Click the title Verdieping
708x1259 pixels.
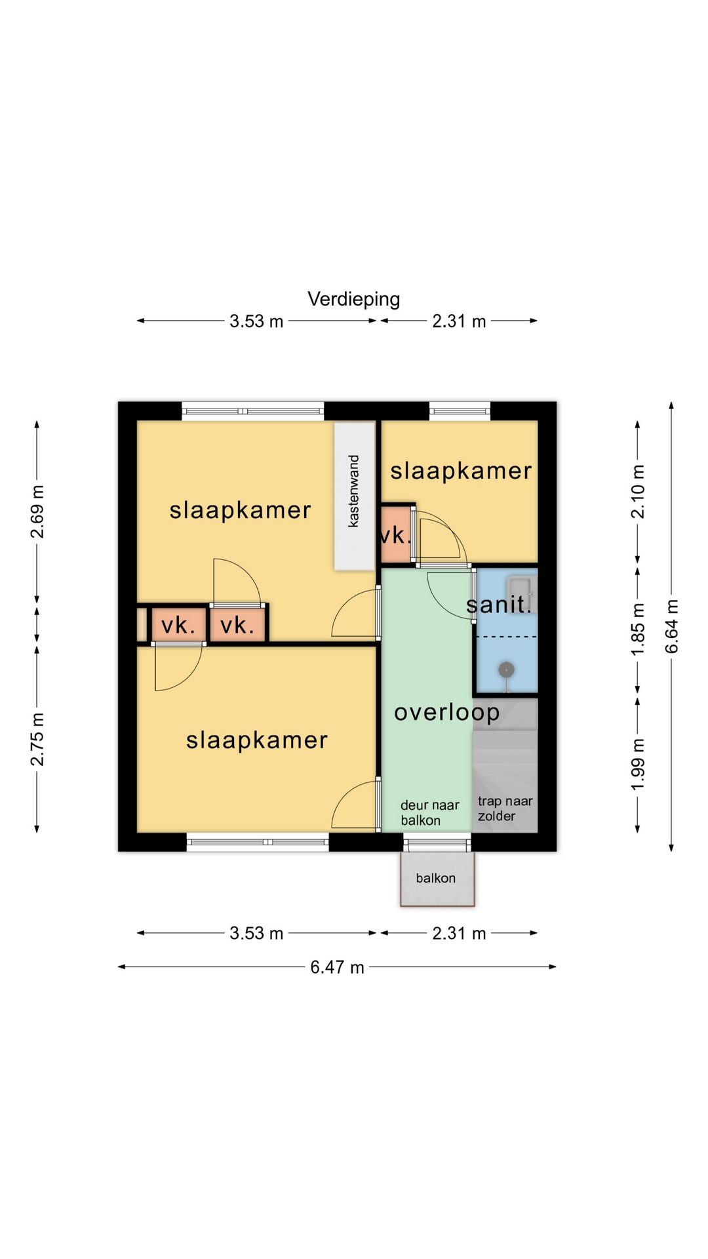tap(354, 300)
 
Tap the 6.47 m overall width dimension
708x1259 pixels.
tap(337, 967)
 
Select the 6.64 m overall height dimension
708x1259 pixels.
tap(671, 626)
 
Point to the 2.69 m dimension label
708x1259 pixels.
tap(37, 511)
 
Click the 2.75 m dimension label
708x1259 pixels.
tap(37, 739)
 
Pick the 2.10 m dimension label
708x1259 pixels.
tap(638, 491)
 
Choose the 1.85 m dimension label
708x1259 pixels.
tap(638, 628)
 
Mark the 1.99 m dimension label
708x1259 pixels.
tap(638, 764)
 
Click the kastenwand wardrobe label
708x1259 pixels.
tap(354, 491)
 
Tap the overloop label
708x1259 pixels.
tap(446, 713)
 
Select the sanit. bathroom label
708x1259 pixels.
tap(498, 604)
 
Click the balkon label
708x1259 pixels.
tap(435, 878)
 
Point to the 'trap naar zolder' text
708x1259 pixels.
tap(505, 809)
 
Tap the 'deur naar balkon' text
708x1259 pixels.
tap(430, 812)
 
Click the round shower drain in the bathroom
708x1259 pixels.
tap(505, 669)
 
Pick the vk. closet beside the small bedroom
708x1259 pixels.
tap(396, 535)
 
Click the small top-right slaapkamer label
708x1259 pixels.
tap(461, 471)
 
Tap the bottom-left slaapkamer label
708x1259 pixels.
tap(257, 741)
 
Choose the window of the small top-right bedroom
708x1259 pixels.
tap(460, 411)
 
